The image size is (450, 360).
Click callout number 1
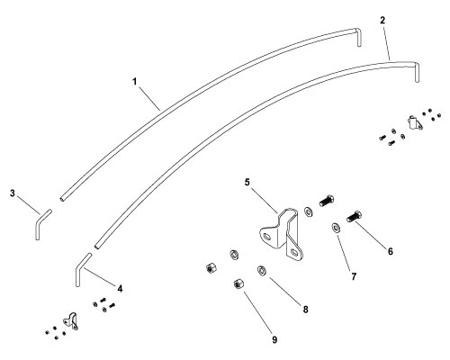pyautogui.click(x=135, y=81)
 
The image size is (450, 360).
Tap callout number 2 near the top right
pyautogui.click(x=382, y=21)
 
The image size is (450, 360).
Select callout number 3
pyautogui.click(x=13, y=193)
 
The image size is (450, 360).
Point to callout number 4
pyautogui.click(x=120, y=289)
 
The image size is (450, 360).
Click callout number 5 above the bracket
pyautogui.click(x=247, y=182)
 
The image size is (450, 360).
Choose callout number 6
pyautogui.click(x=391, y=251)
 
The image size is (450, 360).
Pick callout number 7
pyautogui.click(x=354, y=276)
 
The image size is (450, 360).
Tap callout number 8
pyautogui.click(x=305, y=310)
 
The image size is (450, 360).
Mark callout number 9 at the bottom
pyautogui.click(x=274, y=340)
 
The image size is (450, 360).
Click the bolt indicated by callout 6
pyautogui.click(x=354, y=217)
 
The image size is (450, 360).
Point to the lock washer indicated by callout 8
pyautogui.click(x=262, y=270)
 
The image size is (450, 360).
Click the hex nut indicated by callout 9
pyautogui.click(x=238, y=283)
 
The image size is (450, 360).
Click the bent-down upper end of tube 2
pyautogui.click(x=417, y=72)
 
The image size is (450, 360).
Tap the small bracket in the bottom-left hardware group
pyautogui.click(x=71, y=321)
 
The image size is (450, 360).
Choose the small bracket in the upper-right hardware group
pyautogui.click(x=415, y=122)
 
